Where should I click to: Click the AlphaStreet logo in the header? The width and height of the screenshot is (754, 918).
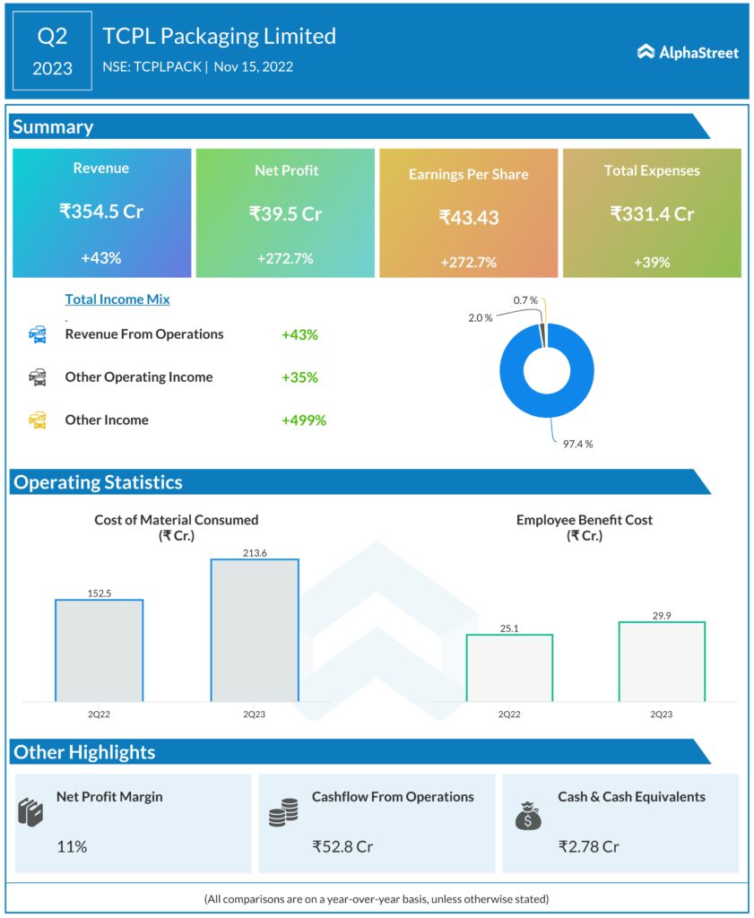[688, 52]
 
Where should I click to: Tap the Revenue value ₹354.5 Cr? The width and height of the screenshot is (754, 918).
[101, 212]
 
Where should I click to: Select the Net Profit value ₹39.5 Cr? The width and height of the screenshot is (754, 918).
[285, 213]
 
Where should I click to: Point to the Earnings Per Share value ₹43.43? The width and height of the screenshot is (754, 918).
[469, 217]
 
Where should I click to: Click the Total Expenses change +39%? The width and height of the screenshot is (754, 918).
[652, 262]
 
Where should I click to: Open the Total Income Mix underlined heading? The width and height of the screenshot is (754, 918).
[117, 299]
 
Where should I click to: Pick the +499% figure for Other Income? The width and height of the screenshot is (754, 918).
[303, 420]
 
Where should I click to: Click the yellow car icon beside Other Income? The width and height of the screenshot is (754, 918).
[38, 420]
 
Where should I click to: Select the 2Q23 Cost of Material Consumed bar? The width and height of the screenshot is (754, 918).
[255, 630]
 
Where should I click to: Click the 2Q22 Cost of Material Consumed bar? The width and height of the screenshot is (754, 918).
[99, 650]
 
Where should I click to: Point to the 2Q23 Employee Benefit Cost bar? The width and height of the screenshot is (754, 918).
[662, 661]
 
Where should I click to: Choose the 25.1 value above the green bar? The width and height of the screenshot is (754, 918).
[509, 628]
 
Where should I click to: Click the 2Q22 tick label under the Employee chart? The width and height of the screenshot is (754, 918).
[509, 714]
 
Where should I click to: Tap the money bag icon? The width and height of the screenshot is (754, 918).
[528, 814]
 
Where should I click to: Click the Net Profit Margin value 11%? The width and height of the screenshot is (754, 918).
[72, 845]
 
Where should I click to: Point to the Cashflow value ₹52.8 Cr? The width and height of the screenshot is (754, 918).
[342, 845]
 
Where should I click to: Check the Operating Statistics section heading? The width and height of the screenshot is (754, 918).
[98, 482]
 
